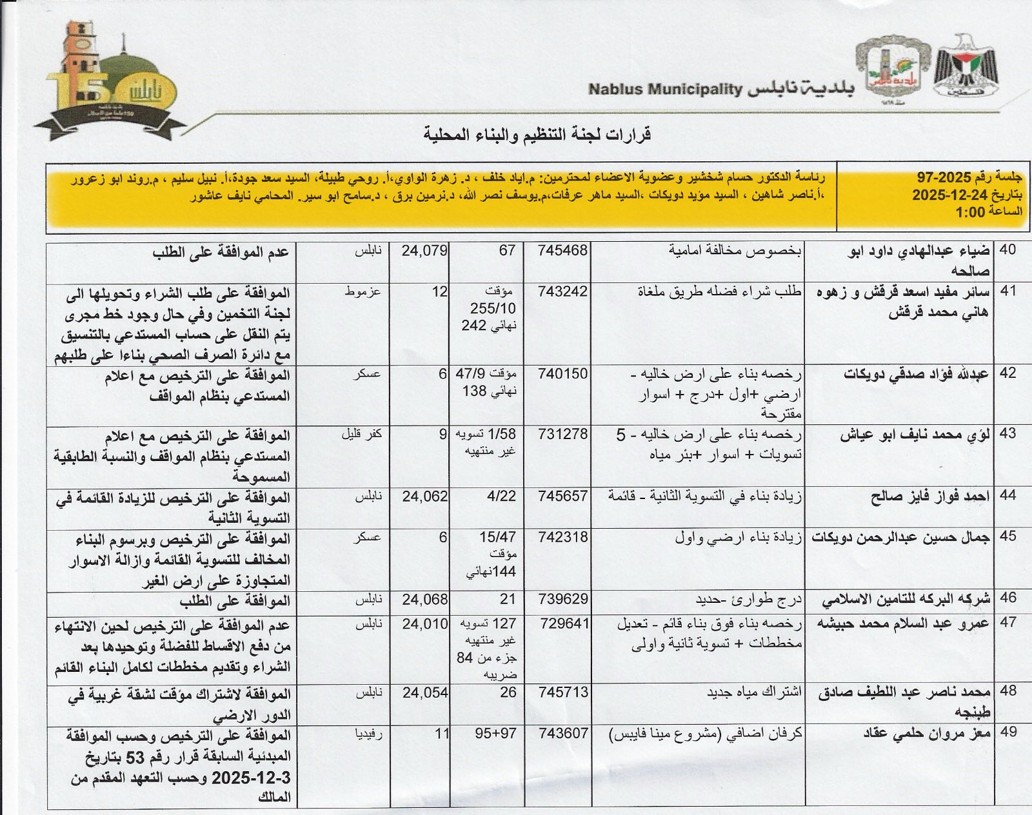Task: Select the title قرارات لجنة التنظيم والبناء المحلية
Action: pos(537,135)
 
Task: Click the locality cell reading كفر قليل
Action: pos(361,435)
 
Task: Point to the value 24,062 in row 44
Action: pos(424,496)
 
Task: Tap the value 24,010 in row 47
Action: pos(424,624)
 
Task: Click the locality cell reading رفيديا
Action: pos(368,734)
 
